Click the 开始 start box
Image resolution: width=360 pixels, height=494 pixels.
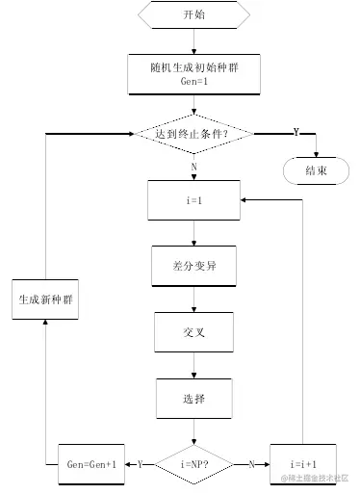click(x=193, y=15)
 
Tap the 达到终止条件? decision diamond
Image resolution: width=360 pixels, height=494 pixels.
click(x=193, y=133)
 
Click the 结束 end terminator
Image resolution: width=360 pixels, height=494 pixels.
click(x=317, y=170)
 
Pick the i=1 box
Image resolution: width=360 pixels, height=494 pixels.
click(x=193, y=199)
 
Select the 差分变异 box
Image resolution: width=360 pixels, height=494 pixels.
click(x=193, y=266)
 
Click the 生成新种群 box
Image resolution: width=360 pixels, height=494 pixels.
click(x=46, y=299)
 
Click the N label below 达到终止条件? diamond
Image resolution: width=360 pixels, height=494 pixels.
click(x=193, y=166)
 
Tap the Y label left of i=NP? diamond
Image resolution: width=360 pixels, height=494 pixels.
click(x=140, y=463)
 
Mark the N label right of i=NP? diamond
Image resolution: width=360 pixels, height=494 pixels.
click(x=252, y=463)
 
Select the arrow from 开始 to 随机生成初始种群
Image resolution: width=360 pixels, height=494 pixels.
click(x=193, y=40)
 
